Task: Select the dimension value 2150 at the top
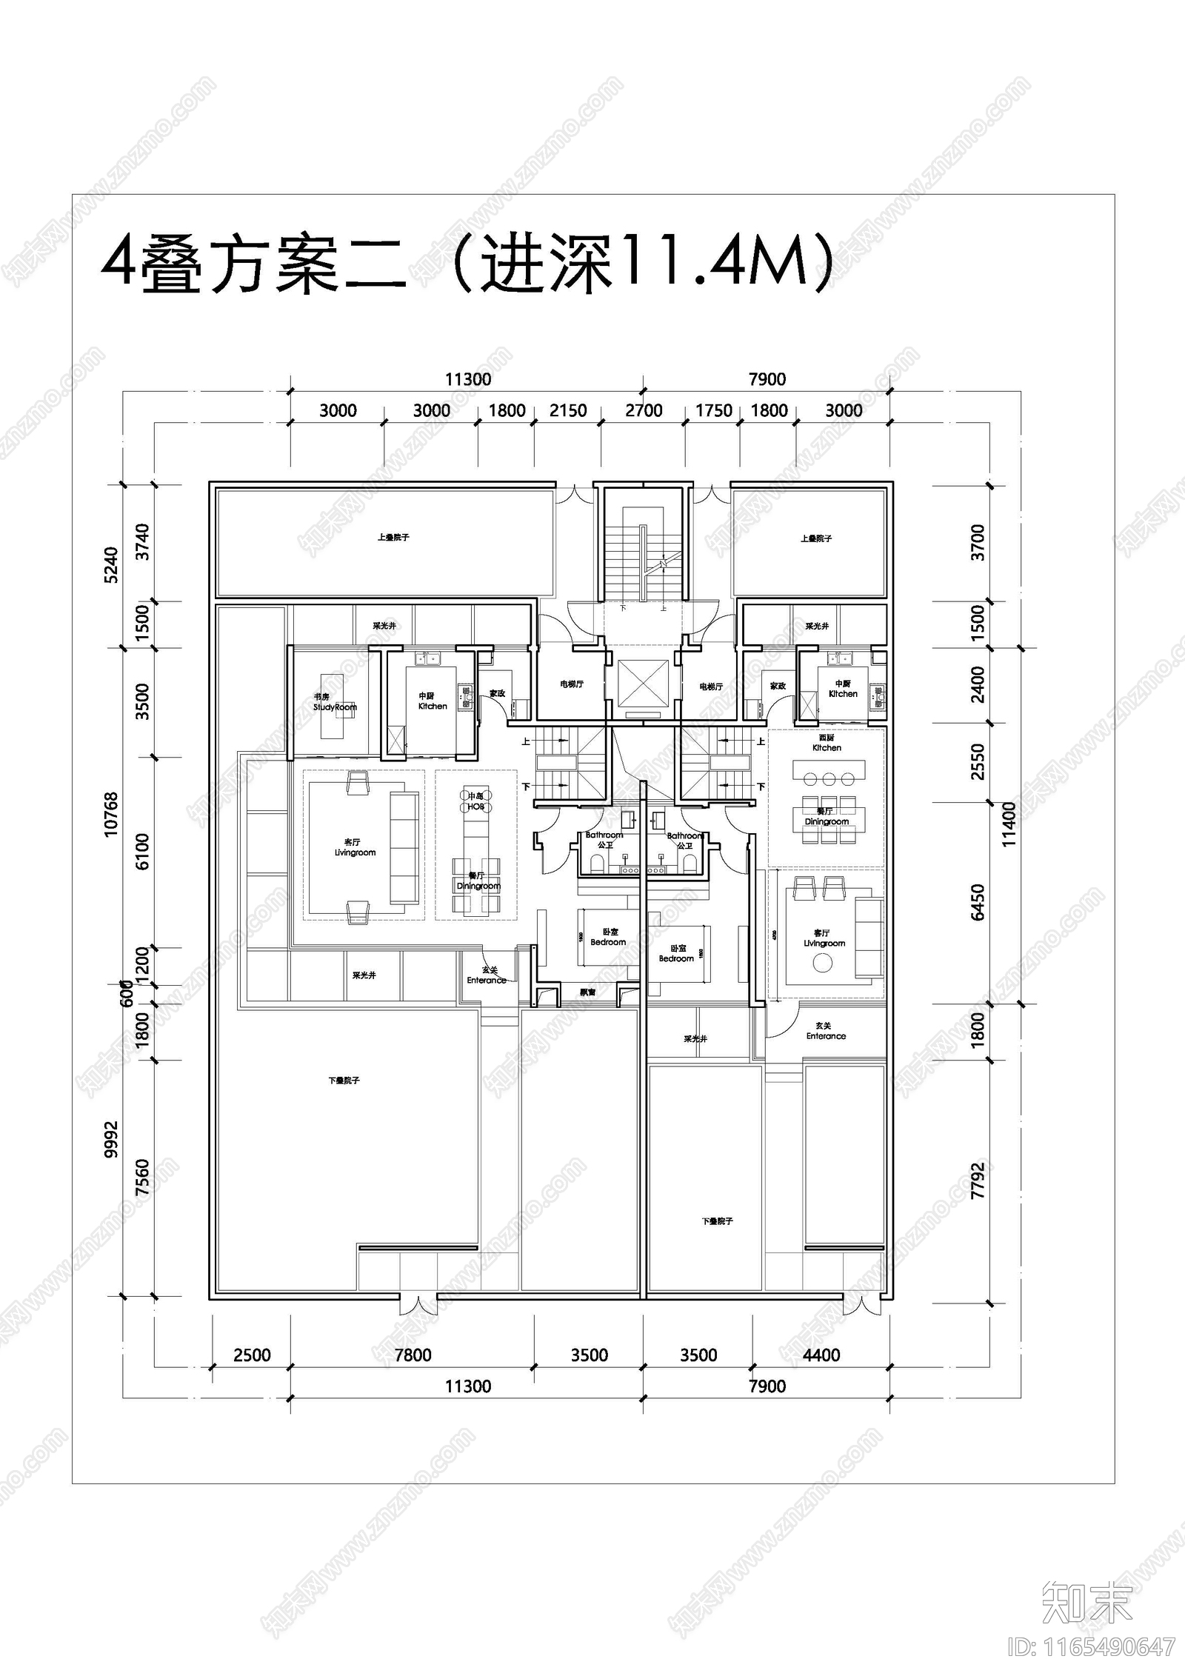pos(568,410)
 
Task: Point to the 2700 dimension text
pos(644,410)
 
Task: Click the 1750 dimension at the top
pos(714,410)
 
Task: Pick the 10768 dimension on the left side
pos(111,815)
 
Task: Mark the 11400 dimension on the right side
pos(1009,824)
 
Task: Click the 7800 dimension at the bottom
pos(413,1355)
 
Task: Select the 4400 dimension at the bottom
pos(821,1355)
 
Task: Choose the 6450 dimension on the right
pos(978,902)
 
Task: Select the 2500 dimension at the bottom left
pos(252,1355)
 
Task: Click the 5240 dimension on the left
pos(111,565)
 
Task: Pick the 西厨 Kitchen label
pos(827,743)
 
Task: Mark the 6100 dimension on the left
pos(142,852)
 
